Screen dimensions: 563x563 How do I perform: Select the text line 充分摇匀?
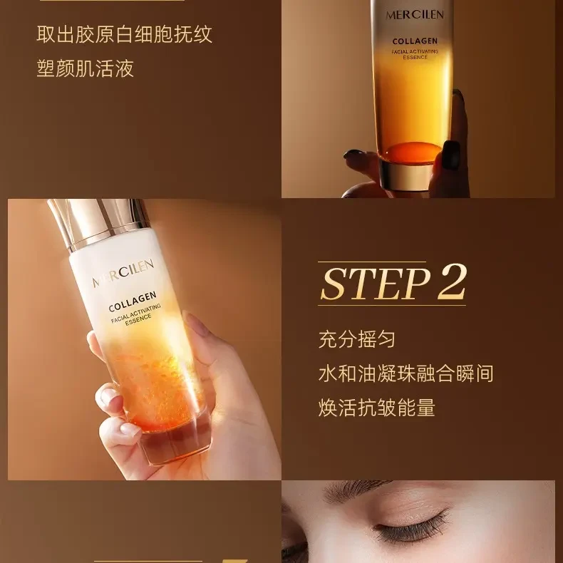pos(356,339)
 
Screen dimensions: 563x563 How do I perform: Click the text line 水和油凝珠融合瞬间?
pos(406,373)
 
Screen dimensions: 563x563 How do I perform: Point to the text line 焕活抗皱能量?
pos(376,408)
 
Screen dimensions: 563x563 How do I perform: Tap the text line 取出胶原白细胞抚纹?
pos(125,34)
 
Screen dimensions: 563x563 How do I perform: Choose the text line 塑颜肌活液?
pos(85,68)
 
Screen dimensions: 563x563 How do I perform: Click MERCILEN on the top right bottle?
pos(415,15)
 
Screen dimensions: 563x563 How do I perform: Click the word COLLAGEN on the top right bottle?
pos(415,42)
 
